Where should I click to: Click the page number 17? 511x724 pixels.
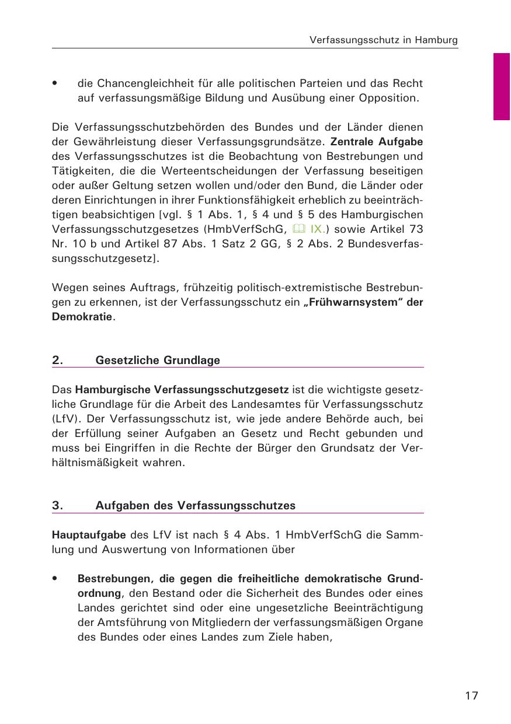tap(472, 696)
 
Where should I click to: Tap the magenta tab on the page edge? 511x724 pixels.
tap(502, 86)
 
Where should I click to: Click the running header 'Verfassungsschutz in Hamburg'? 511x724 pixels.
tap(383, 40)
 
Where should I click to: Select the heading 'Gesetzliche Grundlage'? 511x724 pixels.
tap(158, 360)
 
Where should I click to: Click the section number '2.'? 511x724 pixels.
tap(58, 360)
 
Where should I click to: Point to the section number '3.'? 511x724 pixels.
tap(58, 506)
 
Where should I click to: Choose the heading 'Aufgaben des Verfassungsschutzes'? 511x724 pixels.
tap(195, 506)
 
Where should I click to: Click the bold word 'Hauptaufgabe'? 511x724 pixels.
tap(89, 534)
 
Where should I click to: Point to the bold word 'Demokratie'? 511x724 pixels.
tap(82, 318)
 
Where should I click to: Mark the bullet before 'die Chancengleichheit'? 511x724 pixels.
tap(54, 83)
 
